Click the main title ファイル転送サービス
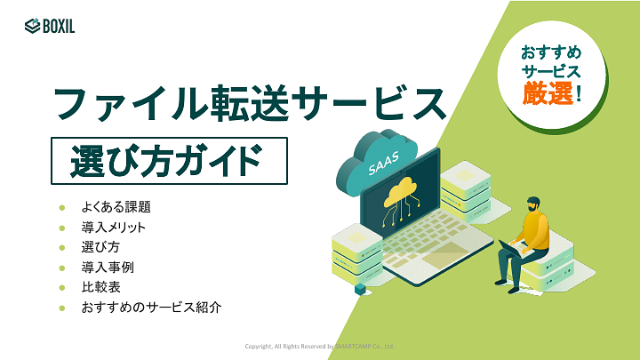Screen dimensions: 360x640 [249, 105]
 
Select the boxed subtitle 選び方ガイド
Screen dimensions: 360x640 [169, 161]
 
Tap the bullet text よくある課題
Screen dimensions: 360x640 [116, 207]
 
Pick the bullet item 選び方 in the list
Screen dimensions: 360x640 [100, 247]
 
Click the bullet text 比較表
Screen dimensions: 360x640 [100, 287]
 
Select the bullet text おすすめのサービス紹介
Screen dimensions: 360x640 [150, 308]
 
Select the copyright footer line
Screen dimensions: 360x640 [319, 346]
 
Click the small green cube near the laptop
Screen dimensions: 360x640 [360, 289]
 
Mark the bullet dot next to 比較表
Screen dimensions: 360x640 [62, 287]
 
